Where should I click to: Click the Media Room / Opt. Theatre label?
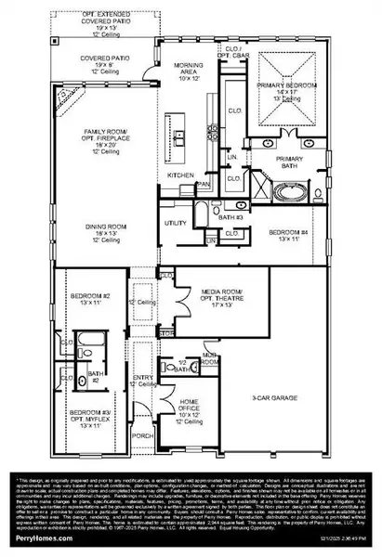pyautogui.click(x=221, y=298)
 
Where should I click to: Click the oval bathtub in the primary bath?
pyautogui.click(x=287, y=196)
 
